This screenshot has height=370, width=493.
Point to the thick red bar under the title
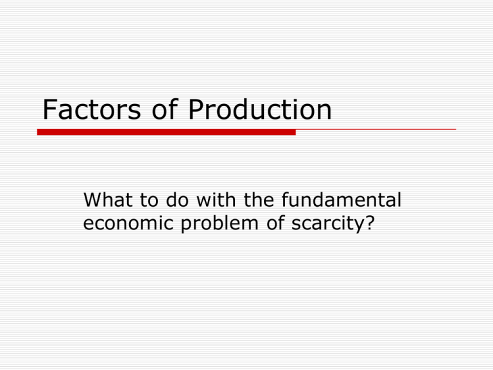[166, 132]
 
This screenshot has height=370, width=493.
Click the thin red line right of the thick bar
[376, 130]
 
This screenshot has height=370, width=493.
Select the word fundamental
[338, 202]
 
